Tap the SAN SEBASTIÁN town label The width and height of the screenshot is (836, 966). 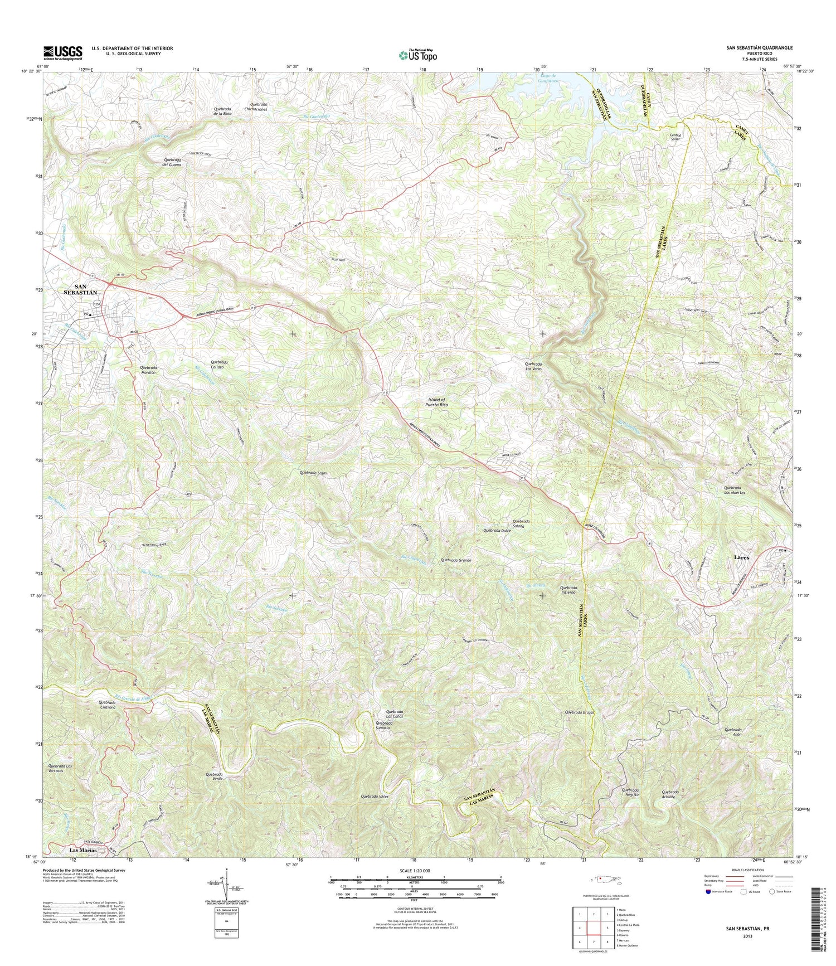tap(82, 289)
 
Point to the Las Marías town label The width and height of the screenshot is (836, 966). tap(83, 851)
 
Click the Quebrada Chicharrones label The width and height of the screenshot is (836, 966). tap(259, 107)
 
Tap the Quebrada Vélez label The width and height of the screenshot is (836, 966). tap(374, 797)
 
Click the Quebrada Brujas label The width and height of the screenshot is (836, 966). tap(580, 712)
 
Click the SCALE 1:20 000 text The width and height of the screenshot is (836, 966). tap(415, 871)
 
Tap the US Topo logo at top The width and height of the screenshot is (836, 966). tap(417, 55)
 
